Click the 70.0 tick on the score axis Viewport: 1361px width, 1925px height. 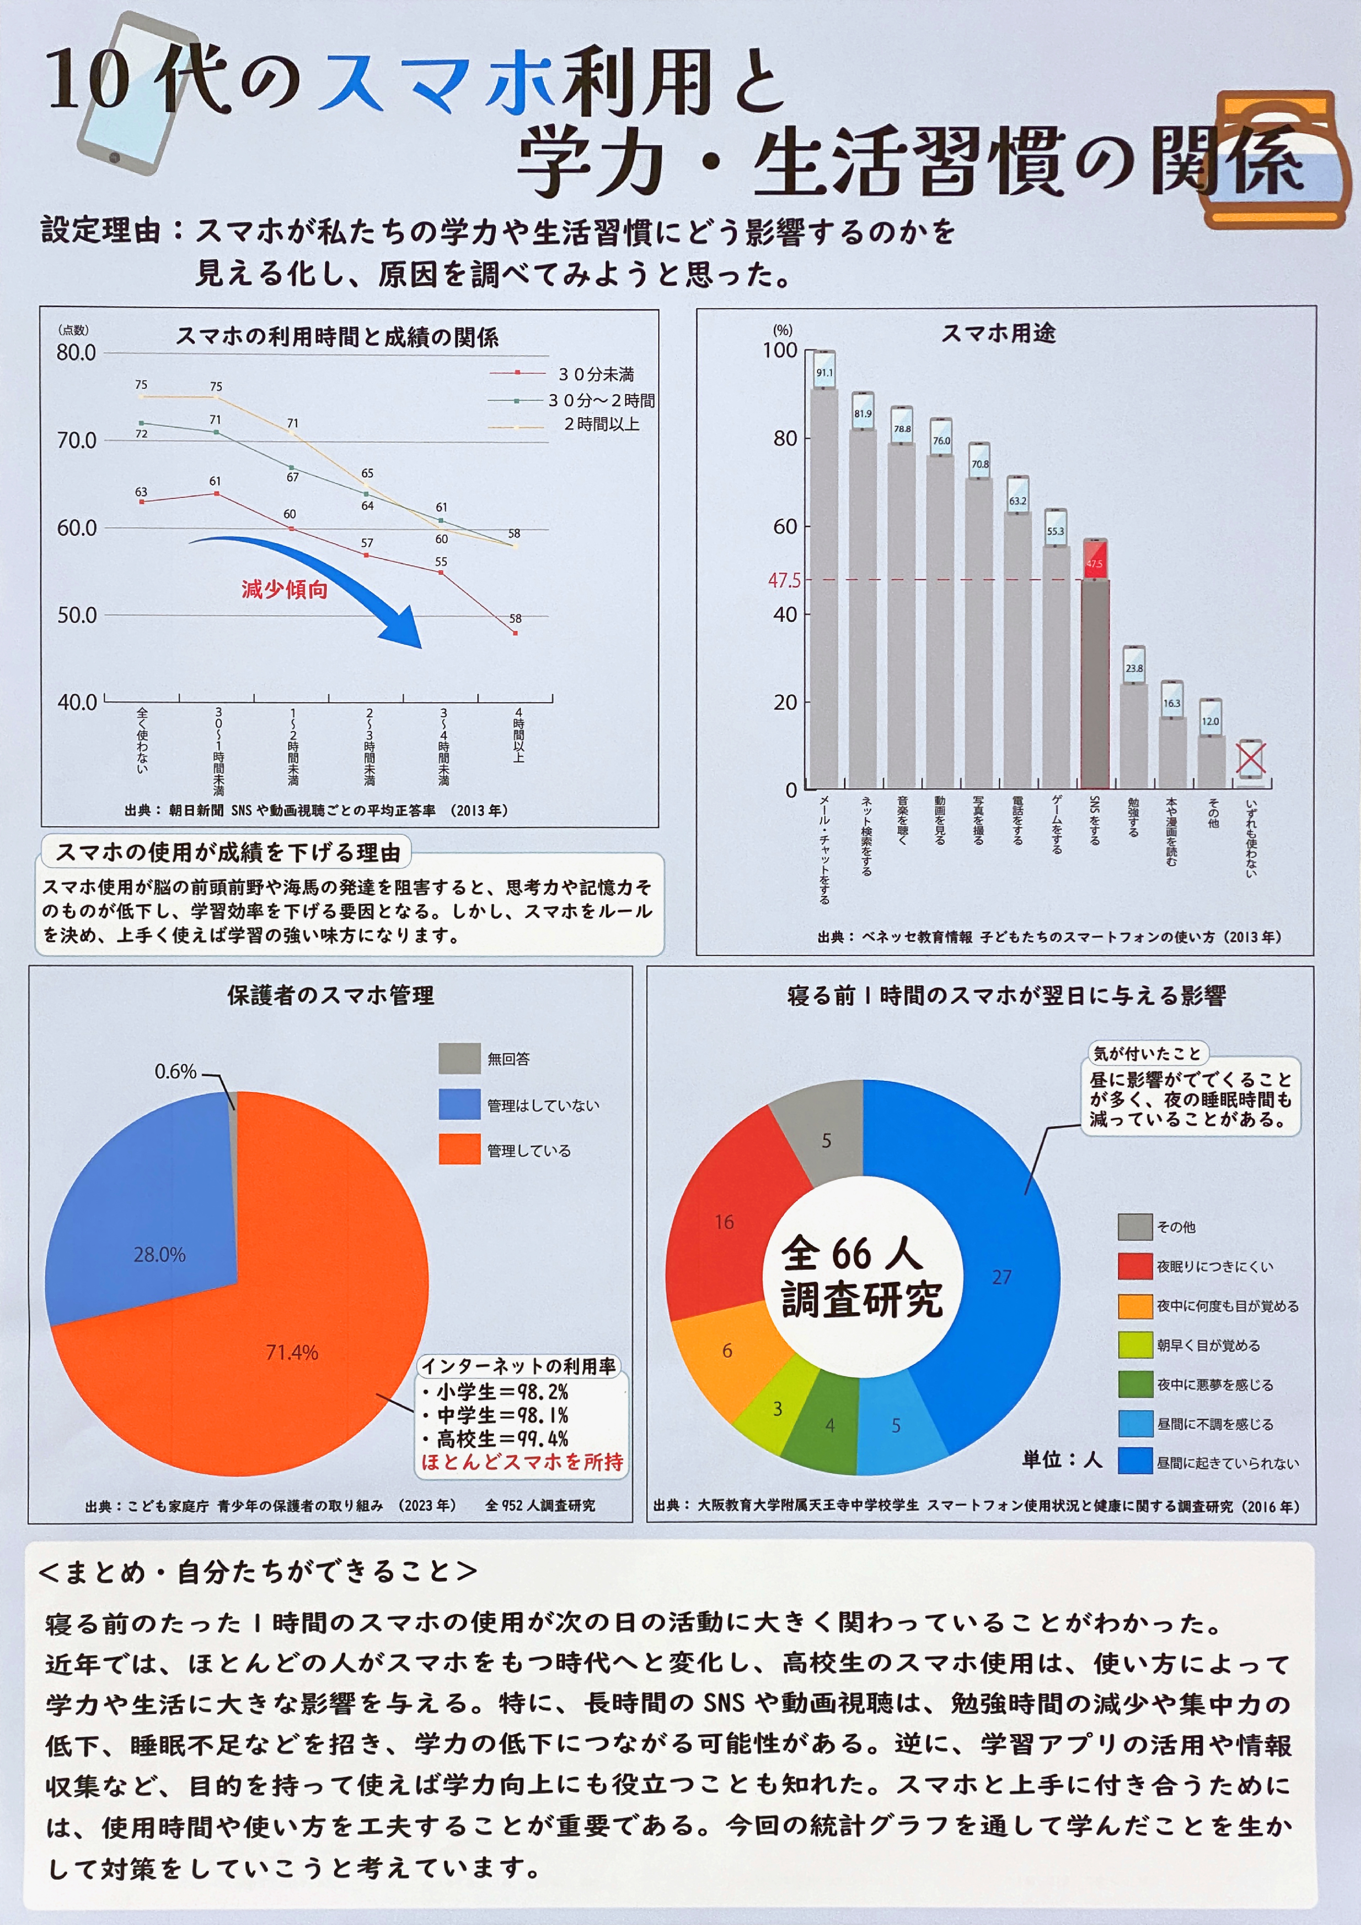point(76,440)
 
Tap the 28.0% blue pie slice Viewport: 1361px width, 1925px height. point(151,1233)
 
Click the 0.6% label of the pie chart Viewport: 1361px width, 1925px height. point(175,1072)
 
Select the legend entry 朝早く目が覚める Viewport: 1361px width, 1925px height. point(1208,1346)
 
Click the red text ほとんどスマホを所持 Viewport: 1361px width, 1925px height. point(522,1462)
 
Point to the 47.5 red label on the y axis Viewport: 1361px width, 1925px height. point(784,580)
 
